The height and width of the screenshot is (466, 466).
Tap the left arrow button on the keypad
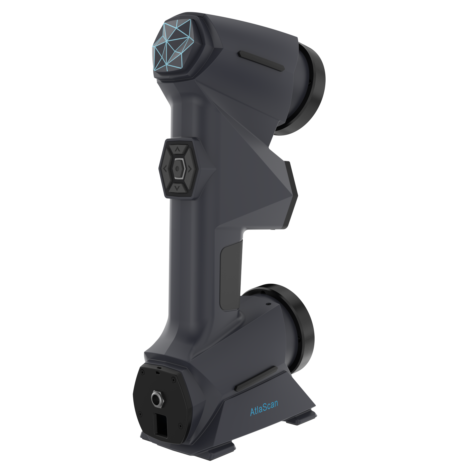click(x=165, y=169)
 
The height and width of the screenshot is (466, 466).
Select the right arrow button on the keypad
click(x=190, y=169)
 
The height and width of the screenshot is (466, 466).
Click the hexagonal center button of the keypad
click(x=177, y=169)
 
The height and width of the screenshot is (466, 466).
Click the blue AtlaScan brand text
click(x=264, y=408)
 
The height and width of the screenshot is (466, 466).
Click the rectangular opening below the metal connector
click(x=161, y=425)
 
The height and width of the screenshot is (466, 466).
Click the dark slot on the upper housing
click(x=262, y=61)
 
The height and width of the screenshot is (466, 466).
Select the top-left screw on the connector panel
click(x=142, y=372)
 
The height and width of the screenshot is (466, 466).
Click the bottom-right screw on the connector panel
click(x=180, y=425)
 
